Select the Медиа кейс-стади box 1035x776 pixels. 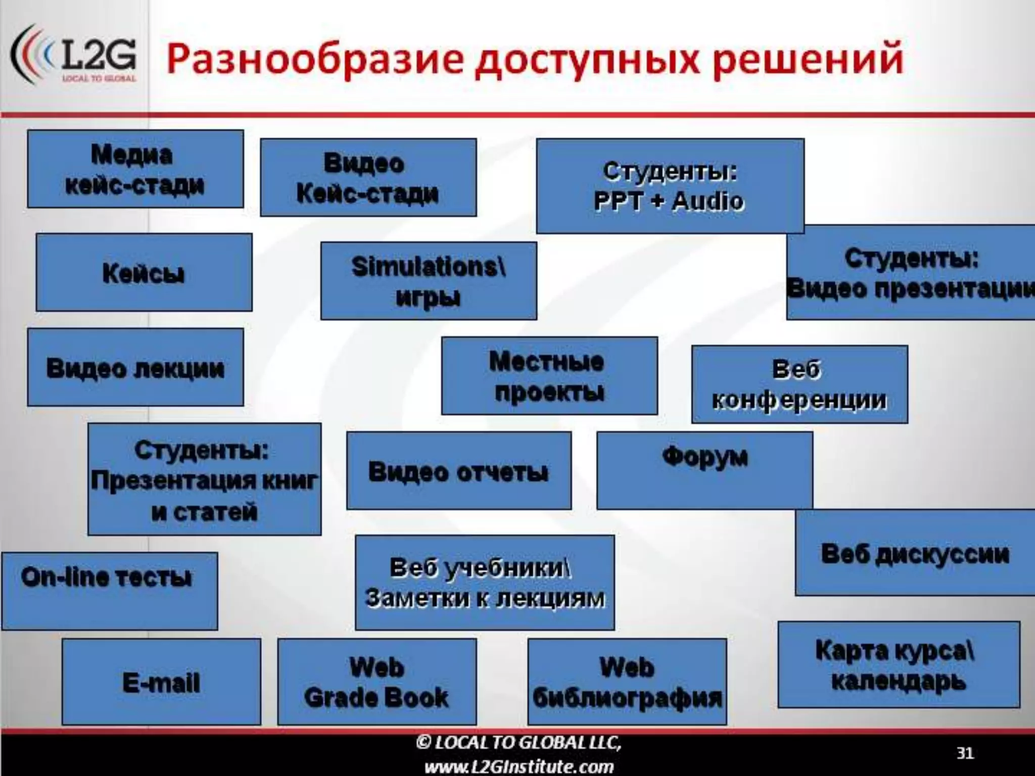pyautogui.click(x=135, y=169)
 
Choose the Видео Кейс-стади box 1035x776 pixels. pyautogui.click(x=368, y=177)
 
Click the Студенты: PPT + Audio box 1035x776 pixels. pyautogui.click(x=670, y=185)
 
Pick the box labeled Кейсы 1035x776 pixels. pyautogui.click(x=144, y=272)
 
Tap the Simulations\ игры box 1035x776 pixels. pyautogui.click(x=429, y=281)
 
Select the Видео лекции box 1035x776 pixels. pyautogui.click(x=135, y=367)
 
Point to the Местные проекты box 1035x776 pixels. pyautogui.click(x=549, y=376)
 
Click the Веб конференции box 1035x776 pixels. pyautogui.click(x=799, y=384)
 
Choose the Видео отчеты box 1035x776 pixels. pyautogui.click(x=459, y=471)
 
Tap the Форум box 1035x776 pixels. pyautogui.click(x=704, y=470)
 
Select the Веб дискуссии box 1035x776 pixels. pyautogui.click(x=915, y=553)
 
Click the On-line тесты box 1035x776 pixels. pyautogui.click(x=109, y=591)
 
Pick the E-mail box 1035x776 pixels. pyautogui.click(x=161, y=682)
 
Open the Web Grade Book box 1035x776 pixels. pyautogui.click(x=377, y=682)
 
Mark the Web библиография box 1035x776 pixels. pyautogui.click(x=627, y=682)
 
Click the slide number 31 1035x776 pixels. pyautogui.click(x=965, y=753)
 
